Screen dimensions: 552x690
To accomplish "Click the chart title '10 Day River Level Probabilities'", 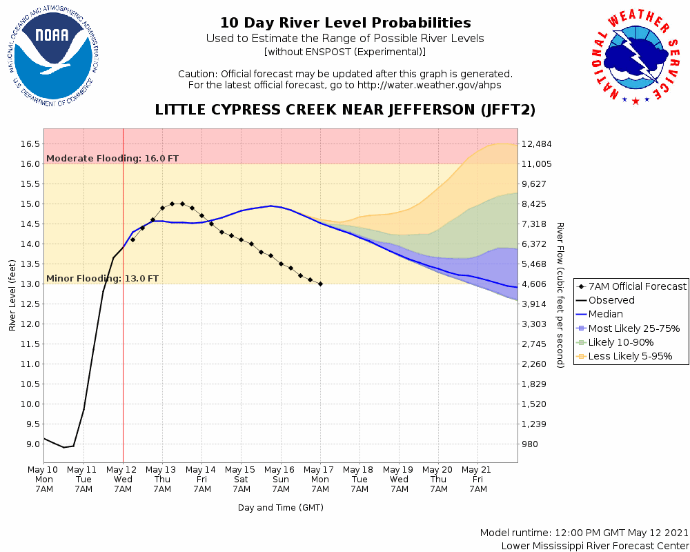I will [345, 23].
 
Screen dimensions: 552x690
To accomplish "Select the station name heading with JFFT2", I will [345, 110].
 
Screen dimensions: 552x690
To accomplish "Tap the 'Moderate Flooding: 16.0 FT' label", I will [112, 158].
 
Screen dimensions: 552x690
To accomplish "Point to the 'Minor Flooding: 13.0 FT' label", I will [103, 279].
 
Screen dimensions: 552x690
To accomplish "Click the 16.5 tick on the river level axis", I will [30, 144].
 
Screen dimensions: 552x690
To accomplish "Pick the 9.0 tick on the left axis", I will [32, 444].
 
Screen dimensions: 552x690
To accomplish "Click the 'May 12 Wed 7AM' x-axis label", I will [123, 479].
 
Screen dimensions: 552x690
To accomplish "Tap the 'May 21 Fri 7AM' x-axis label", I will [477, 479].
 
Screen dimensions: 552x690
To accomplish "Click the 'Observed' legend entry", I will [611, 300].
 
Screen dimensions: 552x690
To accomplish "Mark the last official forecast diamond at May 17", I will [320, 284].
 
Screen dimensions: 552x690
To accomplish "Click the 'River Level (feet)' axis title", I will [12, 295].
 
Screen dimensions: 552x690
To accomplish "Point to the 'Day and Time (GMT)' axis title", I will [281, 507].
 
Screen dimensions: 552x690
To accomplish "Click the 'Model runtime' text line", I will [584, 533].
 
